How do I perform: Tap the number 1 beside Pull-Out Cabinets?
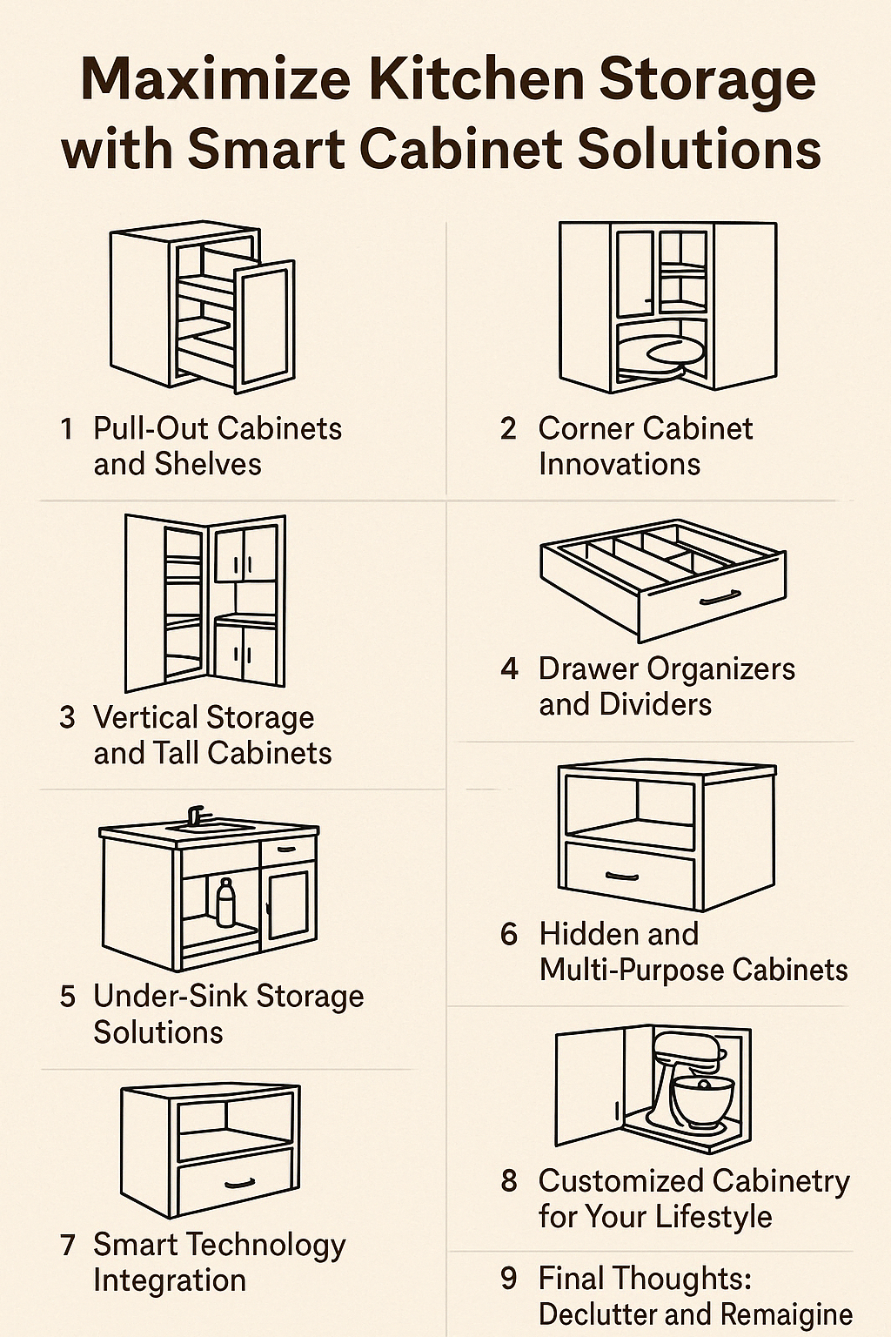(x=66, y=428)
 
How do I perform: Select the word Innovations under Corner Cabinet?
(x=620, y=464)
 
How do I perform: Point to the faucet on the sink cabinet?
(x=197, y=815)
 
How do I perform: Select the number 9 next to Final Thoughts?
(x=509, y=1278)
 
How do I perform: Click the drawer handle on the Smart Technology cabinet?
(x=238, y=1184)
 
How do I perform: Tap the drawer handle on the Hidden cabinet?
(x=622, y=876)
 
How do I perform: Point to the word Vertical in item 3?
(x=146, y=717)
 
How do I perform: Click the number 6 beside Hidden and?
(x=509, y=934)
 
